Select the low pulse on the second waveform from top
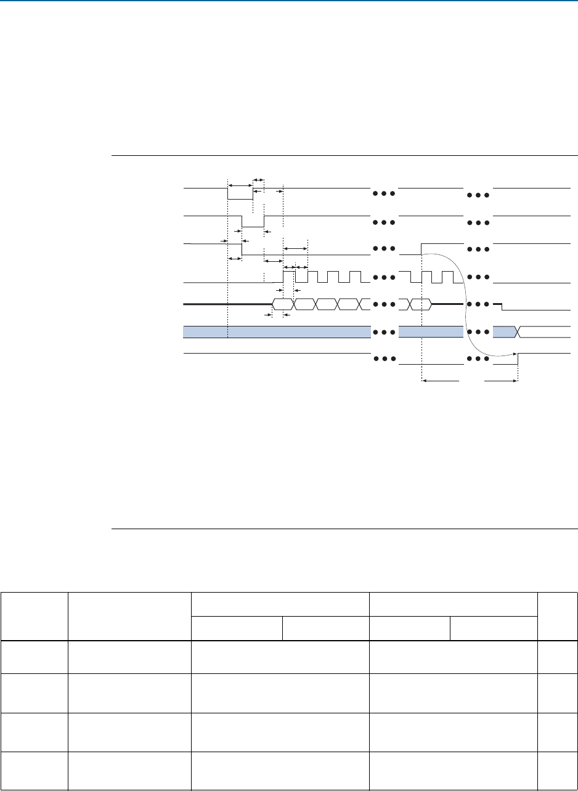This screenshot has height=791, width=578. point(253,226)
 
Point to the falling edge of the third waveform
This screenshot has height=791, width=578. point(242,249)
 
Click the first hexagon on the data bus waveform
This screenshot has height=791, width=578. point(283,304)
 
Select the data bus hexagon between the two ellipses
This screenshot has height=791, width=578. point(421,304)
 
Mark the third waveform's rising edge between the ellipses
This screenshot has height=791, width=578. point(421,248)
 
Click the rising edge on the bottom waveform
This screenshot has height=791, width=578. point(518,359)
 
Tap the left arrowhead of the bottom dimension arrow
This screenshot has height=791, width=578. point(425,382)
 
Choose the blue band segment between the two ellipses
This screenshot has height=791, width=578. point(431,332)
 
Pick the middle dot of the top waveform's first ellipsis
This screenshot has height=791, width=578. point(383,193)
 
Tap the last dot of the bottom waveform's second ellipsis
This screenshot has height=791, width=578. point(486,359)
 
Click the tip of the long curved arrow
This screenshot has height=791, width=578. point(515,354)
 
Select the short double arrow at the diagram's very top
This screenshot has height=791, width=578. point(259,179)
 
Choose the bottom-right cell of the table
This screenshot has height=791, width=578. point(557,771)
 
